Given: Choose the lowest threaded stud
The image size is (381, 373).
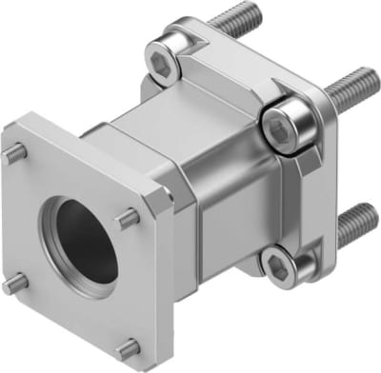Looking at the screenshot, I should coord(357,220).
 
